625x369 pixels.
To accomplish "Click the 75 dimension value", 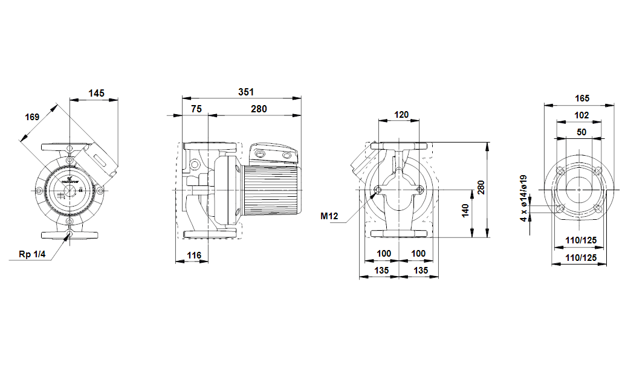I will click(196, 109).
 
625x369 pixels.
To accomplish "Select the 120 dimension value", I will click(401, 114).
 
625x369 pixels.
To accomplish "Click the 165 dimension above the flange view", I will click(581, 98).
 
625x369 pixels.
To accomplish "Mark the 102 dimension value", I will click(581, 115).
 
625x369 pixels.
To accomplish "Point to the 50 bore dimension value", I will click(581, 132).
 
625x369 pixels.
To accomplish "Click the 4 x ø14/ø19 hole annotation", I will click(524, 198).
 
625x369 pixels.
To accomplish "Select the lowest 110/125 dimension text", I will click(581, 257).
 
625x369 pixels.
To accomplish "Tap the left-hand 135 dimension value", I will click(381, 271).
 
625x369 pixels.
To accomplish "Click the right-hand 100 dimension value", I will click(418, 254).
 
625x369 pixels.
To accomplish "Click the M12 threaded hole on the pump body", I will click(378, 190).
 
